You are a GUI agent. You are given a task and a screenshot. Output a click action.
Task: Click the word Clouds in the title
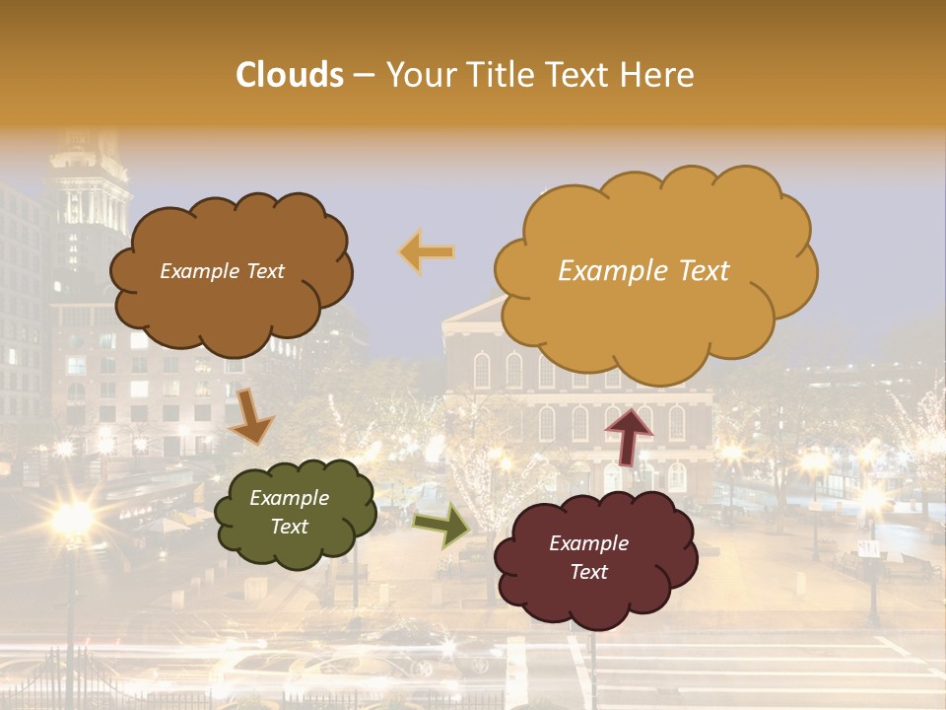(x=290, y=75)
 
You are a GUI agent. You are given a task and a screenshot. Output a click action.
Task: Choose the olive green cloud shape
(x=295, y=512)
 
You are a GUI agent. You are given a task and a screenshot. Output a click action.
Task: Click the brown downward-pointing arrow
(x=252, y=415)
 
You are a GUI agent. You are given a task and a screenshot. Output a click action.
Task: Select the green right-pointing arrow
(x=440, y=525)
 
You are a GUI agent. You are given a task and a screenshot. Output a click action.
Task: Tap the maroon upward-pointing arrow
(x=629, y=435)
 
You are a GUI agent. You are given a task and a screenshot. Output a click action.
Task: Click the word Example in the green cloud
(x=289, y=499)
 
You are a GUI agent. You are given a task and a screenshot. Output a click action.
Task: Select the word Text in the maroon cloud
(x=588, y=572)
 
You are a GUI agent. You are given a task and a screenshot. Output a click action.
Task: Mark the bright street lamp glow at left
(x=72, y=517)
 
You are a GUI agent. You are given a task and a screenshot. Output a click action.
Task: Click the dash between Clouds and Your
(x=364, y=75)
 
